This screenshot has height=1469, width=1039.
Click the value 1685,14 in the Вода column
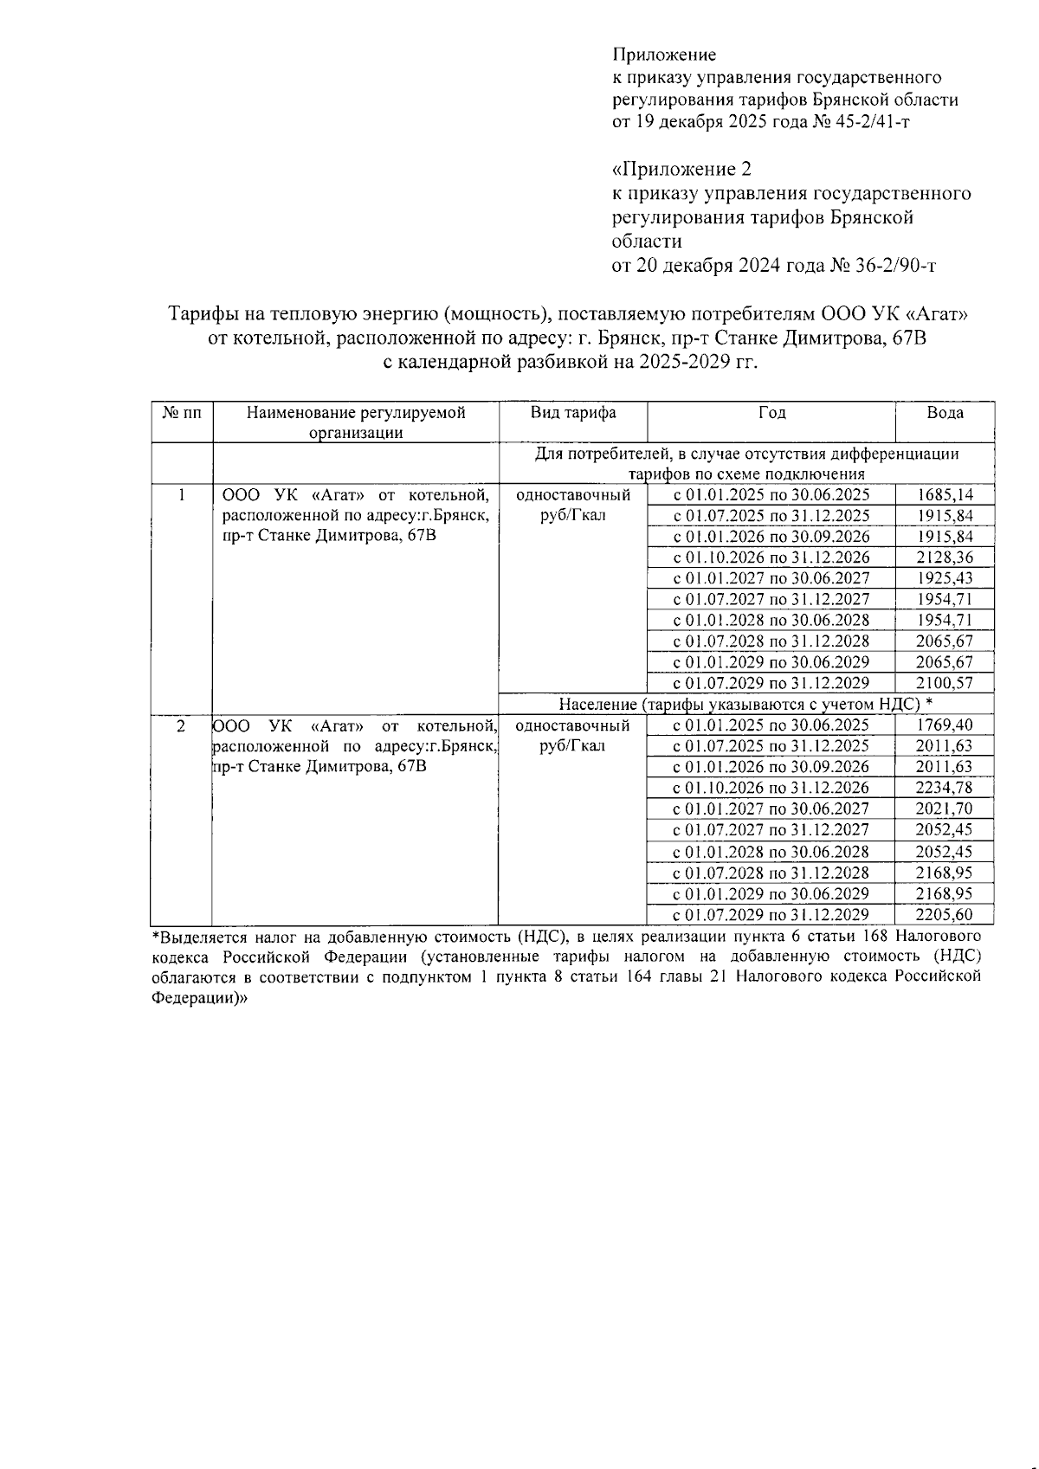click(x=945, y=495)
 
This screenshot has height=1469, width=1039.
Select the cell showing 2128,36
click(x=945, y=557)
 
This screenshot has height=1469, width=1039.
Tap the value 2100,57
click(x=945, y=683)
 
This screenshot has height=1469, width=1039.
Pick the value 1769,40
click(x=945, y=725)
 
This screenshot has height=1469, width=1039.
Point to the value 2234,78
click(x=945, y=788)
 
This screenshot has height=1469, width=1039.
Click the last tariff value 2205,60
click(x=945, y=915)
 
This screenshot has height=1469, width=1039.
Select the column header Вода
click(x=945, y=413)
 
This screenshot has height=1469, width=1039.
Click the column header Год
click(x=771, y=413)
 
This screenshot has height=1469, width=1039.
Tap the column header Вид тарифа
click(x=573, y=413)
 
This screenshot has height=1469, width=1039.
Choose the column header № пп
click(x=182, y=413)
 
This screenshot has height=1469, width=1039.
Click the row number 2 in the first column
click(x=181, y=725)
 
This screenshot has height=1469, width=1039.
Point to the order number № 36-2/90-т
click(x=882, y=266)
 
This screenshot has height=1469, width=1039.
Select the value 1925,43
click(x=945, y=578)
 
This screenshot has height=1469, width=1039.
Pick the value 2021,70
click(x=945, y=809)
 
